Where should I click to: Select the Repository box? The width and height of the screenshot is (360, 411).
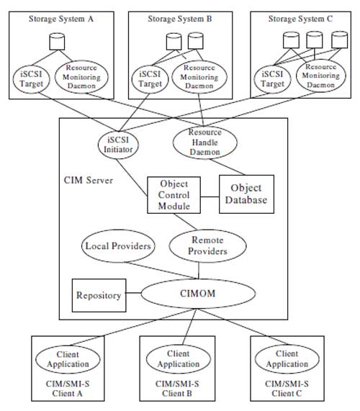tap(99, 295)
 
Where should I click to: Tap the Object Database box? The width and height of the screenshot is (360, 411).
tap(246, 194)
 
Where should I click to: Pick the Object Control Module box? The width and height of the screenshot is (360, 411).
tap(174, 195)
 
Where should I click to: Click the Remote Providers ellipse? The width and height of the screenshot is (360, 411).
tap(207, 245)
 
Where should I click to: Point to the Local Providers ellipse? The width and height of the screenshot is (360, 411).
tap(118, 246)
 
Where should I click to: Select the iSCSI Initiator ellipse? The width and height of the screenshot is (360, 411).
tap(118, 145)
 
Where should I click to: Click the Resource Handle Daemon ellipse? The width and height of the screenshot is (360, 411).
tap(205, 142)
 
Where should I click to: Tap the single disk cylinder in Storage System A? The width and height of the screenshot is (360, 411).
tap(57, 42)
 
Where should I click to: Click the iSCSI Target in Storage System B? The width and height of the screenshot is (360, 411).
tap(150, 79)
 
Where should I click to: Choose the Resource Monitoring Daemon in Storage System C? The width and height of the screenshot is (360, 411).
tap(320, 76)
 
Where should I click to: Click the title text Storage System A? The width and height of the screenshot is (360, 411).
tap(60, 19)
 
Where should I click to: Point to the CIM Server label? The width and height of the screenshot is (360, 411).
tap(89, 181)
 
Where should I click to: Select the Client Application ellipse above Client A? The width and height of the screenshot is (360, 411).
tap(68, 359)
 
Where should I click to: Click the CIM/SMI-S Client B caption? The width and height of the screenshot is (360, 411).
tap(177, 389)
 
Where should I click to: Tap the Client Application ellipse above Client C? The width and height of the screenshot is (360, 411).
tap(287, 359)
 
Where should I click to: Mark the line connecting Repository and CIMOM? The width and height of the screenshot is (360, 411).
tap(133, 293)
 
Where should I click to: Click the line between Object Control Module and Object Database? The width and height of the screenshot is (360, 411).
tap(210, 197)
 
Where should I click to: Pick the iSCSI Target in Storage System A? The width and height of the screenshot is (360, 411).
tap(31, 79)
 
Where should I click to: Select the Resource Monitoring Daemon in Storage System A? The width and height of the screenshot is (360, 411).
tap(81, 77)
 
